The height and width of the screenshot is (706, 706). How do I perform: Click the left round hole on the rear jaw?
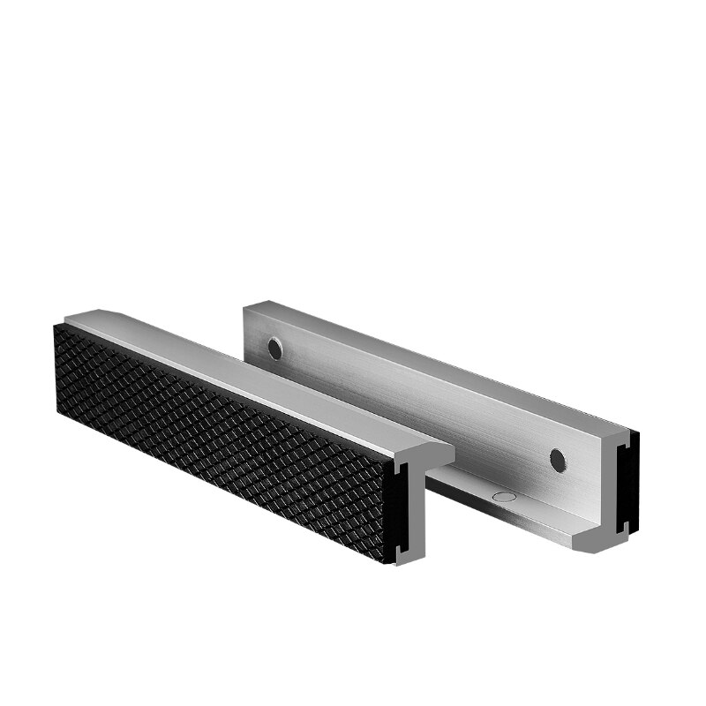[x=275, y=349]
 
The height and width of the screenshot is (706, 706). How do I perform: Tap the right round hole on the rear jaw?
[x=557, y=459]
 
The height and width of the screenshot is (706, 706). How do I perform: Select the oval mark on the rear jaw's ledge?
[x=502, y=497]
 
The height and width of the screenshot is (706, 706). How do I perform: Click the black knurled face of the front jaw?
[x=221, y=441]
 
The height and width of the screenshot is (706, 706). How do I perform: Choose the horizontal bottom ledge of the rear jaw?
[x=512, y=512]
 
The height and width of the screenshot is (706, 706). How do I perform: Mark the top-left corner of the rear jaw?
[x=244, y=306]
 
